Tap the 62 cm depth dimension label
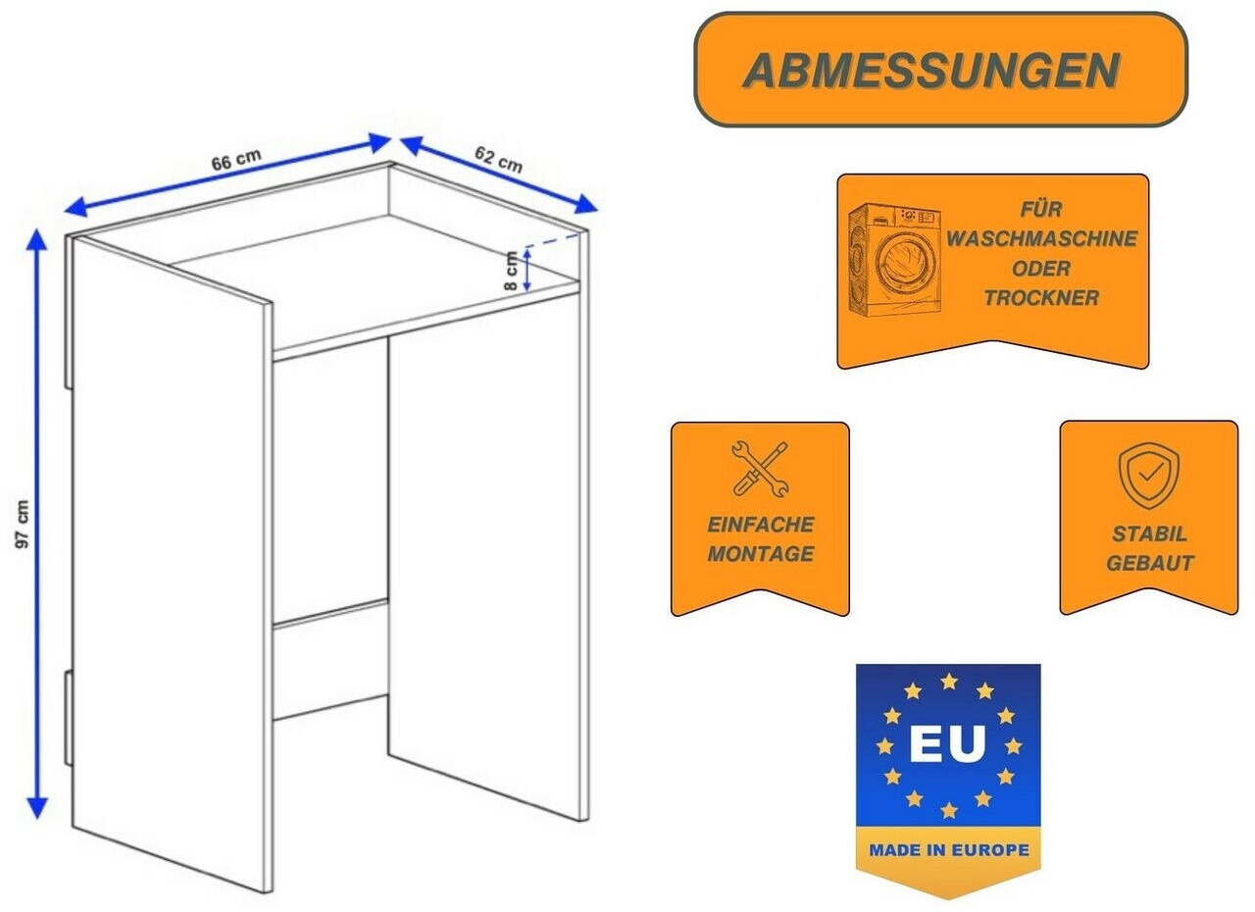pos(498,158)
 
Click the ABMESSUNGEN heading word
pos(930,71)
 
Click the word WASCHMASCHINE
pos(1042,238)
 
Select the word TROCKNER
pos(1041,298)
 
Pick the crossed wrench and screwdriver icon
pos(760,468)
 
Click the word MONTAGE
pos(761,554)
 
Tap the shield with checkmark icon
pos(1148,476)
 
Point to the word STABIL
pos(1149,534)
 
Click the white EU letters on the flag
pos(946,744)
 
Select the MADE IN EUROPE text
pos(947,850)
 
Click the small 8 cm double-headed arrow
pos(527,268)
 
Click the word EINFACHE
pos(761,525)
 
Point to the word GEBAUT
pos(1149,564)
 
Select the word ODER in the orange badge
pos(1042,269)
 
